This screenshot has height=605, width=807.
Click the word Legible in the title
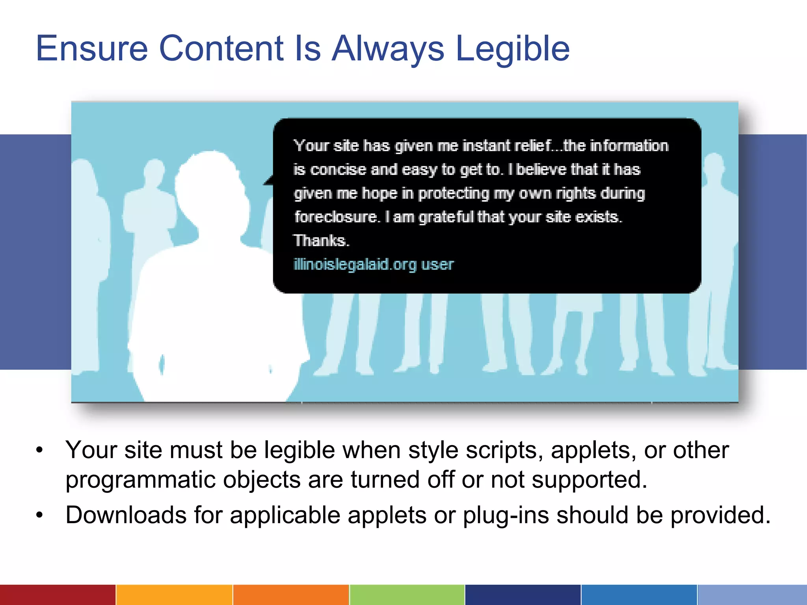pos(512,49)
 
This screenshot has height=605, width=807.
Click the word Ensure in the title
pos(92,48)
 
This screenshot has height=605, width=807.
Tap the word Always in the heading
pos(388,49)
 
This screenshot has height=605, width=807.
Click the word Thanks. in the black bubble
pos(321,240)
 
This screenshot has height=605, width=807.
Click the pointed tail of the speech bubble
pos(269,181)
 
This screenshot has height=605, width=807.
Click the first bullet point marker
pos(39,450)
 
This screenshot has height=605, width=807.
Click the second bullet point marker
pos(39,515)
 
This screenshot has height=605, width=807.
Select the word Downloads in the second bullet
pos(126,515)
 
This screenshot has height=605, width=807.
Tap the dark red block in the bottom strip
pos(58,595)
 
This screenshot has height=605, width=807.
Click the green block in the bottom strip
pos(407,595)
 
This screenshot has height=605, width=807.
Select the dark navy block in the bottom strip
pos(523,595)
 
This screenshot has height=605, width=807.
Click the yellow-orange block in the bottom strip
pos(174,595)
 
